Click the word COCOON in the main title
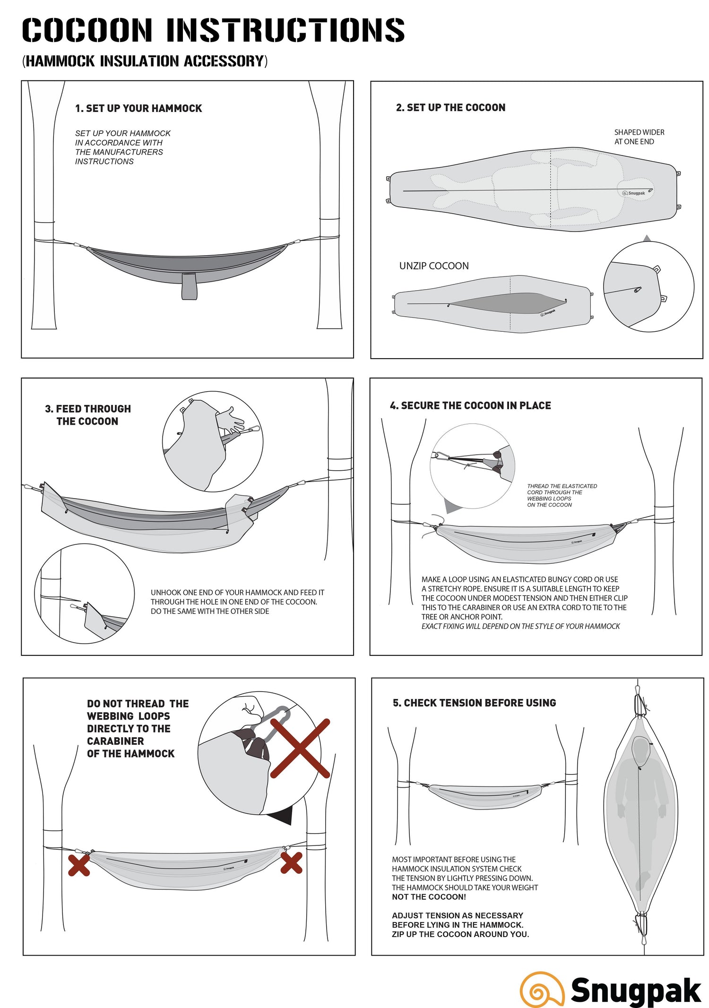(x=87, y=30)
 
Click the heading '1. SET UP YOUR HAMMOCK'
(x=138, y=108)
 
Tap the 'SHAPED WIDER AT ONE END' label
(x=639, y=137)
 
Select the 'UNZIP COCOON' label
(x=434, y=266)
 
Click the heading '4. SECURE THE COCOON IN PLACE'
(x=470, y=405)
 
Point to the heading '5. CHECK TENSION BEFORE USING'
(x=474, y=703)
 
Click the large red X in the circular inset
(x=300, y=748)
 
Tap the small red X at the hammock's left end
(x=79, y=865)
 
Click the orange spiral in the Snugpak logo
(x=542, y=989)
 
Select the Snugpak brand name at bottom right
(x=636, y=990)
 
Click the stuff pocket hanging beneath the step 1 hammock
(x=189, y=286)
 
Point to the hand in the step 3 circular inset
(x=230, y=419)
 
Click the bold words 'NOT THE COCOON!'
(x=429, y=897)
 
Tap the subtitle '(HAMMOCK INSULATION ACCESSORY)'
(x=145, y=61)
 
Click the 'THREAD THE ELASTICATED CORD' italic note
(x=562, y=495)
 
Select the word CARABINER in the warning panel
(x=115, y=741)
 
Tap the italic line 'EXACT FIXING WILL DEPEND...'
(x=520, y=626)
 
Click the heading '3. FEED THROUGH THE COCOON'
(x=88, y=415)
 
